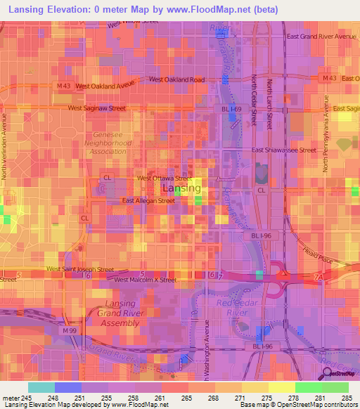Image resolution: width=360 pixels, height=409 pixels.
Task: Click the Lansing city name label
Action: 181,189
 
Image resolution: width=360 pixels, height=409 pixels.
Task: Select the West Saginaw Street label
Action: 97,108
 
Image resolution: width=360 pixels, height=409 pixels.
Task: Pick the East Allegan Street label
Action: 148,201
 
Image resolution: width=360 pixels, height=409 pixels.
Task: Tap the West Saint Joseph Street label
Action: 79,269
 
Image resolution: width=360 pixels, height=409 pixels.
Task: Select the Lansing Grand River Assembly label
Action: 112,313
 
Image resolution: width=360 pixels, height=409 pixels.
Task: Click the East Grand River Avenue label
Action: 322,36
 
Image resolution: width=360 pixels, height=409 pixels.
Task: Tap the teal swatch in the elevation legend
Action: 41,387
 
